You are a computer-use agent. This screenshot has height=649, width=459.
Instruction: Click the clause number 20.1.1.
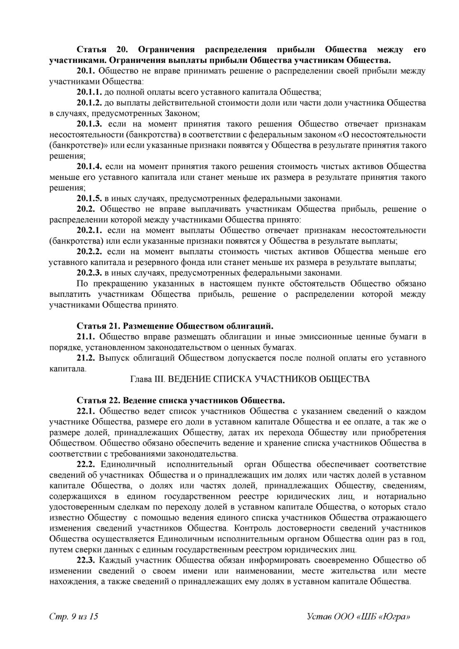tap(89, 92)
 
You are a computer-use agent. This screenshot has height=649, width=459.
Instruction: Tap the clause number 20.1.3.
tap(89, 124)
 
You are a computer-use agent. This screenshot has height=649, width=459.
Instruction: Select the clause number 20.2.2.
tap(89, 251)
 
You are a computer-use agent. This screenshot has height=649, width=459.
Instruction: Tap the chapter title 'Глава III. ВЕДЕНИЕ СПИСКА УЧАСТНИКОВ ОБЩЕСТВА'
tap(250, 379)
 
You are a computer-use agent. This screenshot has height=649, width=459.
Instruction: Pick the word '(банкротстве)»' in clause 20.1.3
tap(79, 146)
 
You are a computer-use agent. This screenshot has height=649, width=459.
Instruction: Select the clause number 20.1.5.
tap(89, 198)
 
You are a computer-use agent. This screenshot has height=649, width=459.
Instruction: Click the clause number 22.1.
tap(86, 411)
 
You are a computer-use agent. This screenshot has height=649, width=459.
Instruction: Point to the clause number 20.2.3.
tap(89, 273)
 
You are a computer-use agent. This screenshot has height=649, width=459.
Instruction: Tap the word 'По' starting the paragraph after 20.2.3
tap(82, 284)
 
